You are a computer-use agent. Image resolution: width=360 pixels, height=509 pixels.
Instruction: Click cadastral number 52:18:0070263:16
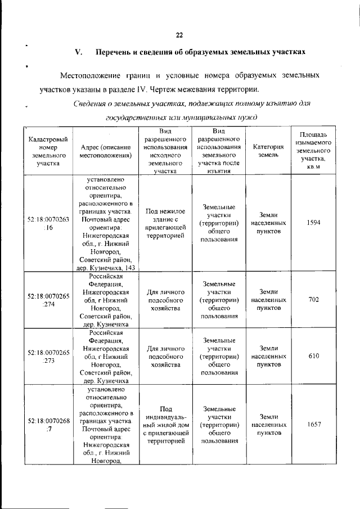pyautogui.click(x=48, y=223)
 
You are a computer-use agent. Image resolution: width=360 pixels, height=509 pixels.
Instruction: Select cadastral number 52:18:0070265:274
pyautogui.click(x=48, y=300)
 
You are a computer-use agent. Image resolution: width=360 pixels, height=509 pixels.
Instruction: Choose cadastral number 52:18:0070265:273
pyautogui.click(x=48, y=356)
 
